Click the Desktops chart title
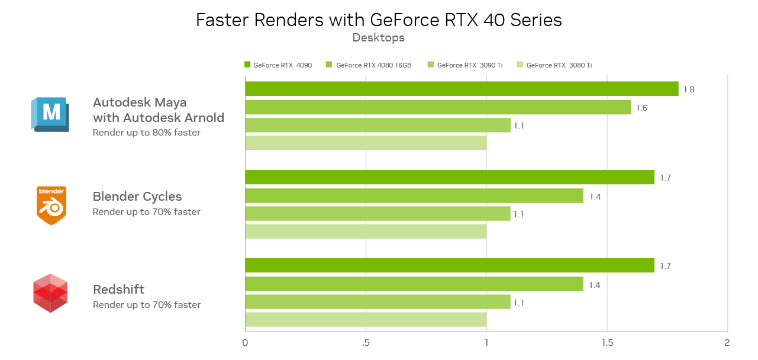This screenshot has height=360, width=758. [x=378, y=38]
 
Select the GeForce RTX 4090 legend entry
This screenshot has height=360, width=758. [x=278, y=65]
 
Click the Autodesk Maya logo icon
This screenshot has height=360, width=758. [x=50, y=114]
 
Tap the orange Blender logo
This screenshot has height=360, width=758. [x=51, y=205]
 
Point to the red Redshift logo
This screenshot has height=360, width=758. [x=50, y=293]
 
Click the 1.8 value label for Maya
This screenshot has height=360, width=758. [x=689, y=89]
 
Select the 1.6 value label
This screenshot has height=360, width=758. [x=641, y=108]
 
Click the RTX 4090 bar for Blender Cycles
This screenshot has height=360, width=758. [x=450, y=178]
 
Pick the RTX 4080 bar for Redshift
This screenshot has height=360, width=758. [x=414, y=284]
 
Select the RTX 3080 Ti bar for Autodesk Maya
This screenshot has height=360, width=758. [x=366, y=143]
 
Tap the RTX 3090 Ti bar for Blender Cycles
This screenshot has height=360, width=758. [x=378, y=214]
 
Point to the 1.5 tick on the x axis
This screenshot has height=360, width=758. [x=607, y=343]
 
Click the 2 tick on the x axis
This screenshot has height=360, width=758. [x=727, y=343]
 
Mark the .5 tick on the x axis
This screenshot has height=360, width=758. [x=366, y=343]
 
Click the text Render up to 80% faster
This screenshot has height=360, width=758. [x=146, y=133]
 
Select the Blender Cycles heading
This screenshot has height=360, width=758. [x=137, y=197]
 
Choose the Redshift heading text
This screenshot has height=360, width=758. [x=118, y=290]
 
